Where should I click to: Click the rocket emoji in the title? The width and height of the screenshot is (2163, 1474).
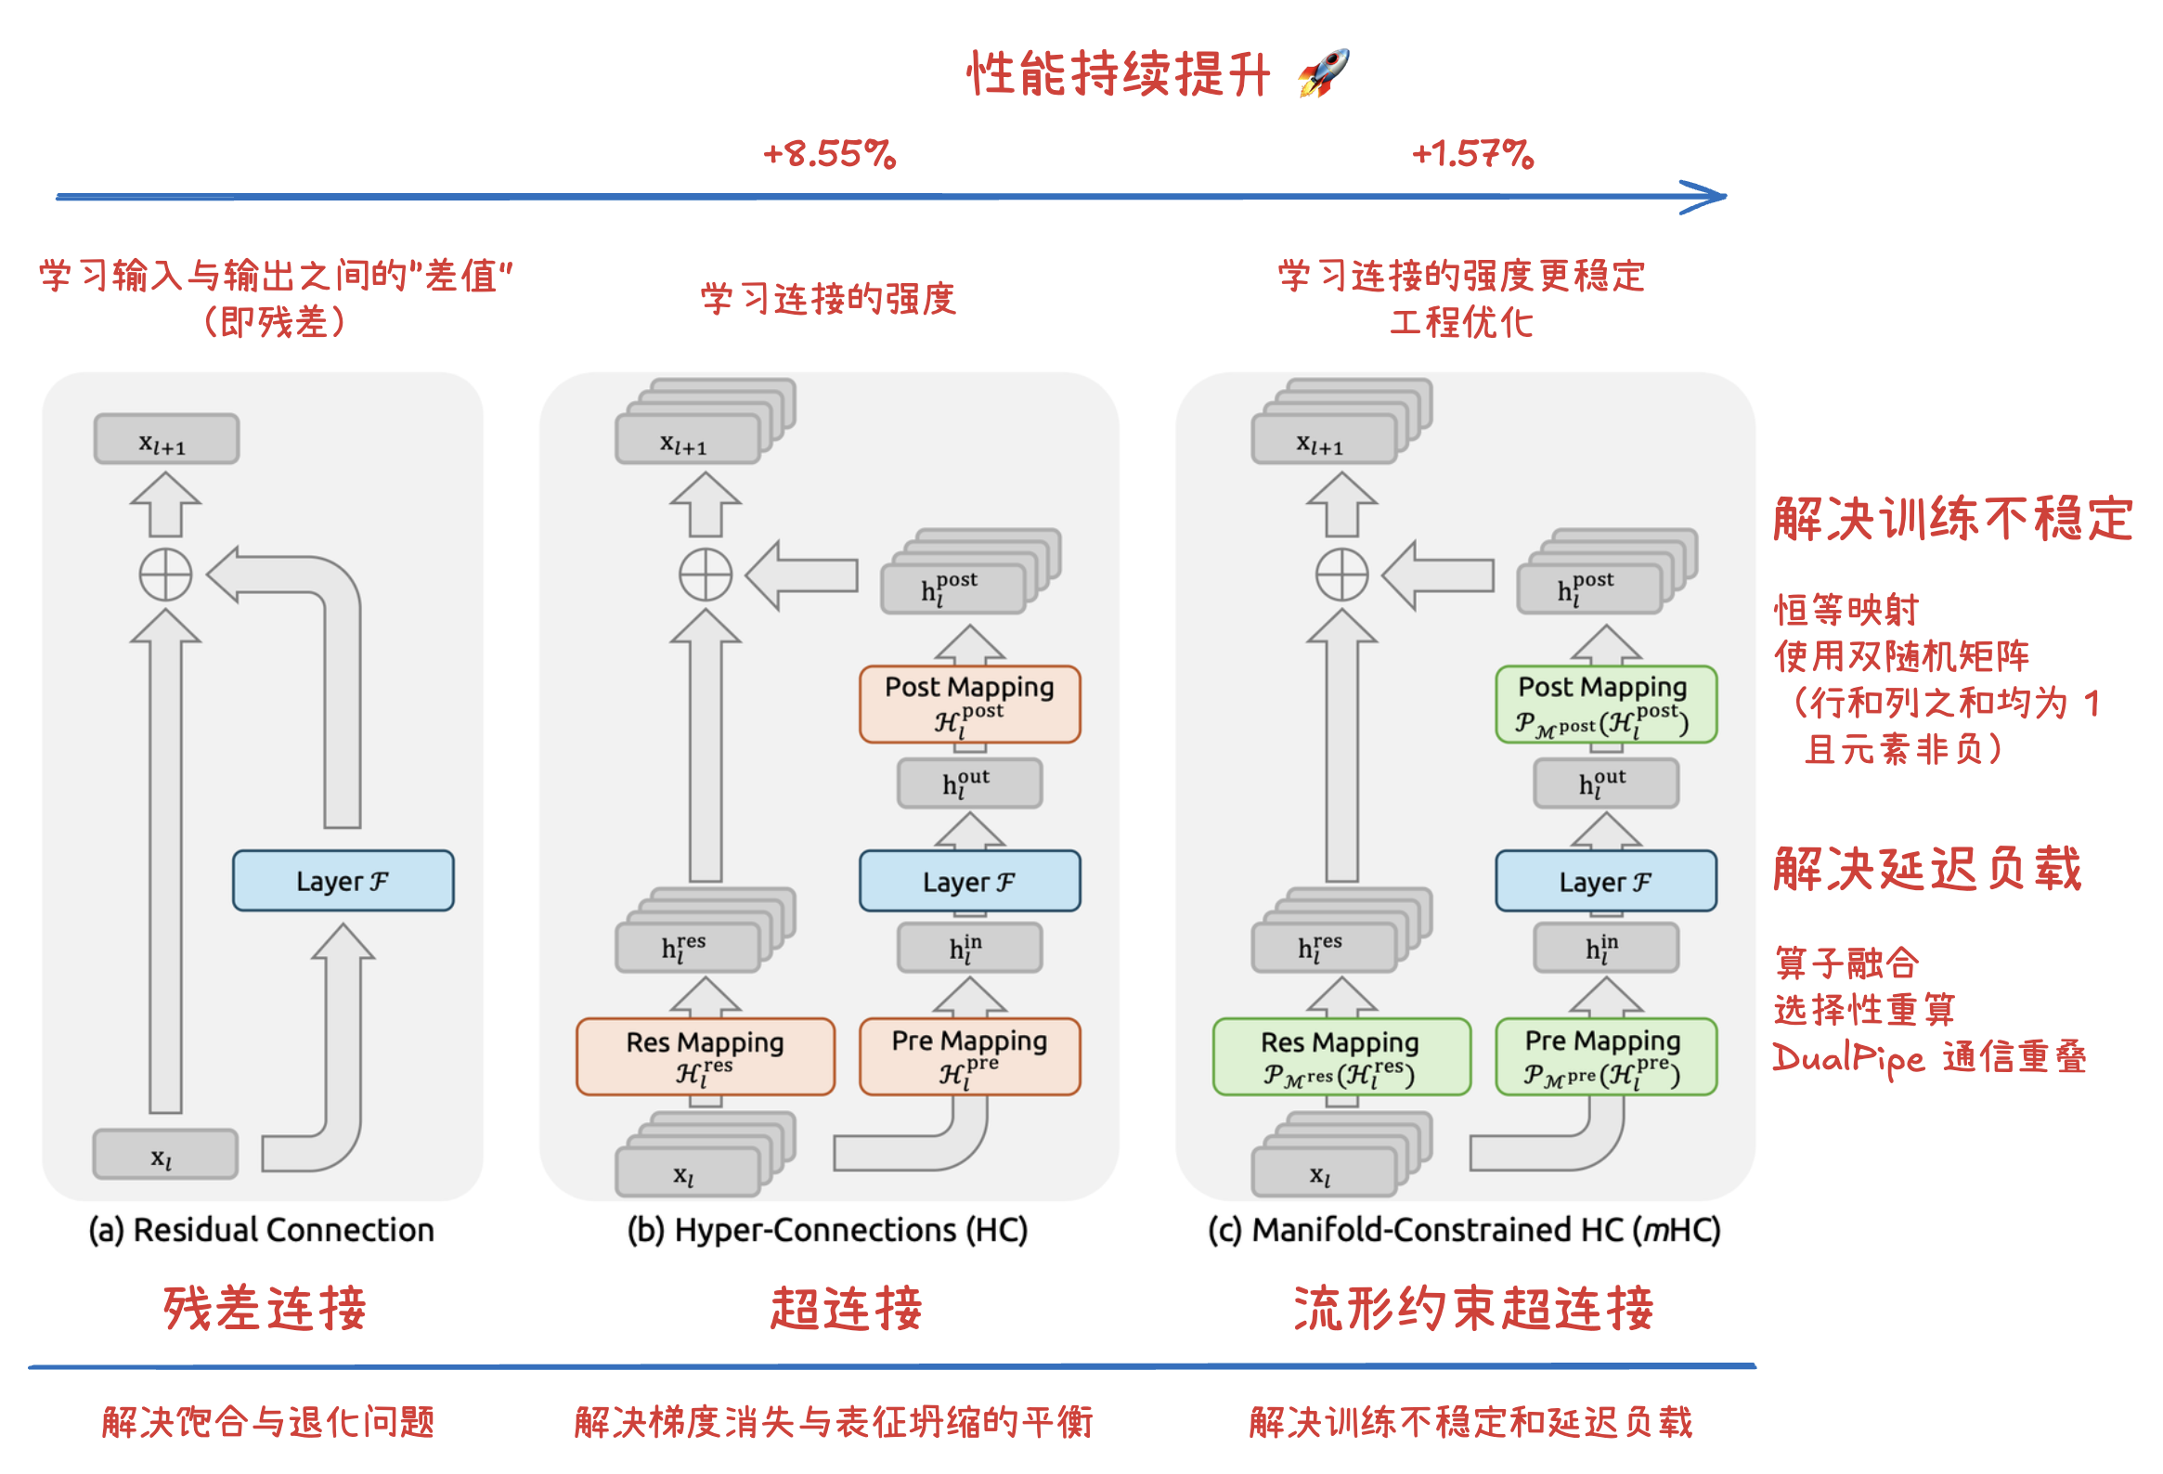[1323, 72]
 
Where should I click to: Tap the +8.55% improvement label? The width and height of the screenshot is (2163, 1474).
[828, 153]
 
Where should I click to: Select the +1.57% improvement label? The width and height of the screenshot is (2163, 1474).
[1472, 153]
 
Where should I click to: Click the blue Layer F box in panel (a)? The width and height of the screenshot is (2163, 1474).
[343, 880]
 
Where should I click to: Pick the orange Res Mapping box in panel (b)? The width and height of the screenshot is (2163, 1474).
[705, 1056]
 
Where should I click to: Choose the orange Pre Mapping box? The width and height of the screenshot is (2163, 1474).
[969, 1056]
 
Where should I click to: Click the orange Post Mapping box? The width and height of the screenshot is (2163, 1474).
[969, 704]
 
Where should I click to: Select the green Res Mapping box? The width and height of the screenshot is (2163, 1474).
[1341, 1056]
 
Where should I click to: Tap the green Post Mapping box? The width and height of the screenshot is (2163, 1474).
[1605, 704]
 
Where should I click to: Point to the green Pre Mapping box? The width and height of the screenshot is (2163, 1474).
[1605, 1056]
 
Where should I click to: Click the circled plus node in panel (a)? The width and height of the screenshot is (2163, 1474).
[165, 575]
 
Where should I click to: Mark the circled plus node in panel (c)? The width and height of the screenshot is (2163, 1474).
[1341, 575]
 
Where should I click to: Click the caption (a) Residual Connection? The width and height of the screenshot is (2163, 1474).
[262, 1229]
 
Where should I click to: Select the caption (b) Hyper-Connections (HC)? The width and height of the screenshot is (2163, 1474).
[827, 1229]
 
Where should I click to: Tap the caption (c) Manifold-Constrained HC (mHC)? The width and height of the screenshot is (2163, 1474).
[1464, 1229]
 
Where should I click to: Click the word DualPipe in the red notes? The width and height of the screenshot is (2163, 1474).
[1847, 1058]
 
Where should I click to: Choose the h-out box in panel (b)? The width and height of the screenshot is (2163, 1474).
[969, 783]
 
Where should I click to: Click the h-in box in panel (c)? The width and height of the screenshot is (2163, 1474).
[1605, 949]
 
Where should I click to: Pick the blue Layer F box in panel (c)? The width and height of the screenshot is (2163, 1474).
[1605, 880]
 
